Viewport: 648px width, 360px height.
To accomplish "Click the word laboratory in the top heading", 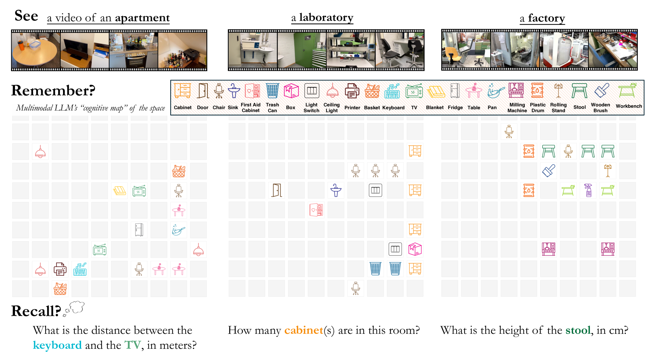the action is click(x=326, y=17).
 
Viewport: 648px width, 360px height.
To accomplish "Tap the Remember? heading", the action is click(x=53, y=91).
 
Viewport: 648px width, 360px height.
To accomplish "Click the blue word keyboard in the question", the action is click(x=57, y=345).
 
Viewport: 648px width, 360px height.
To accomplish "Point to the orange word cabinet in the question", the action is click(x=304, y=330).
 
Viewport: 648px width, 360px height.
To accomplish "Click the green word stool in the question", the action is click(x=578, y=330).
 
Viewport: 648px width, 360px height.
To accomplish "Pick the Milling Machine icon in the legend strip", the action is click(x=516, y=91).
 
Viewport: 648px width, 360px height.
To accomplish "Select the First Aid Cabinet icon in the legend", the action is click(x=252, y=91).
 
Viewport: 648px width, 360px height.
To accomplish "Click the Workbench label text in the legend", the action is click(x=629, y=106).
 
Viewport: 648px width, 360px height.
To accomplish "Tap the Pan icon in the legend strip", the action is click(x=495, y=91).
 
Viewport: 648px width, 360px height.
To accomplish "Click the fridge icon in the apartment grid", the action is click(x=139, y=230).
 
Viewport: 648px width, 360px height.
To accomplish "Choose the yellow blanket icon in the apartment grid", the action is click(x=120, y=191).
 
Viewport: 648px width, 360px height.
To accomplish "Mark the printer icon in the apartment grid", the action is click(x=60, y=269).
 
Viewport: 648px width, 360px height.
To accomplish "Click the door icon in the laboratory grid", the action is click(x=277, y=190).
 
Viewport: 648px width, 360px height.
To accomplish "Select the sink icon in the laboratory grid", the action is click(x=336, y=190).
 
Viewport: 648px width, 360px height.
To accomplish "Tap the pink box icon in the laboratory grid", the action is click(x=415, y=249).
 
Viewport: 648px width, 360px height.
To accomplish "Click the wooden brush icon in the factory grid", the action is click(x=548, y=171).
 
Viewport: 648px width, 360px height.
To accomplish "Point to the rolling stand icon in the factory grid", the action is click(x=607, y=171).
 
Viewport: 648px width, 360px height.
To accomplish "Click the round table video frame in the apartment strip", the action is click(x=36, y=50).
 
